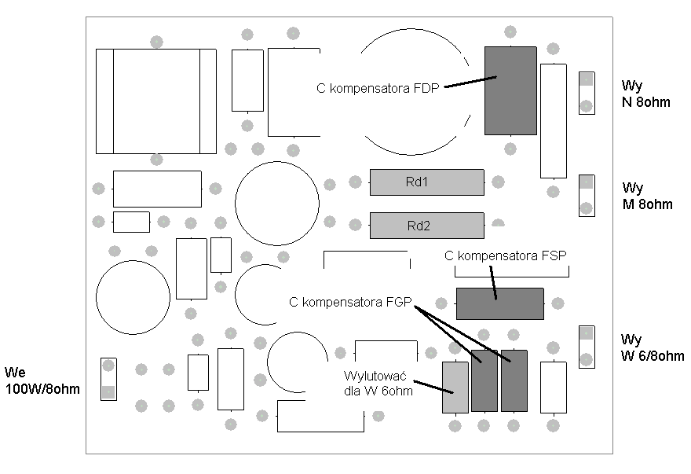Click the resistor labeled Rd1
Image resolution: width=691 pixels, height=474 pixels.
(x=426, y=182)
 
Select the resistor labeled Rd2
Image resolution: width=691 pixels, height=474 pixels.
(x=426, y=226)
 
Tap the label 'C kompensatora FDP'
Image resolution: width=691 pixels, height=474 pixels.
(x=378, y=88)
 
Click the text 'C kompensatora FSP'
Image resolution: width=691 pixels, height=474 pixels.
(x=506, y=255)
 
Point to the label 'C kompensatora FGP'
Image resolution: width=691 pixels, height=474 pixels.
(x=350, y=303)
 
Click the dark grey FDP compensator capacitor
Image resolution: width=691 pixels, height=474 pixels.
(x=510, y=90)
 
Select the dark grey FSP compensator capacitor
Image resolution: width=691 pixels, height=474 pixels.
(x=500, y=303)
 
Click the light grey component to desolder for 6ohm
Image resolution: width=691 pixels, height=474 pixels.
(x=455, y=388)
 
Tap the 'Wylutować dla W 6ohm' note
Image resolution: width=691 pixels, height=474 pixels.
(x=378, y=384)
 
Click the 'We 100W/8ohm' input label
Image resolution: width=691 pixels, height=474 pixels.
(x=42, y=380)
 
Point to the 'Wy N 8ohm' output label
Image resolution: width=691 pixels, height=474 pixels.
(x=645, y=94)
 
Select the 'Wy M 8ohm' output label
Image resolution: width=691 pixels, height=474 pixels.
(x=647, y=196)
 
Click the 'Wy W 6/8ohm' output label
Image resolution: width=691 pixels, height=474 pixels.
(x=653, y=347)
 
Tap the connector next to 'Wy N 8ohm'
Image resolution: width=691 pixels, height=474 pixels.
(x=587, y=93)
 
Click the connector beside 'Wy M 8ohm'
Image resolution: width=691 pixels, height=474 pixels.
(x=587, y=196)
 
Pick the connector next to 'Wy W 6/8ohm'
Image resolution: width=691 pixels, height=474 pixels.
(x=587, y=347)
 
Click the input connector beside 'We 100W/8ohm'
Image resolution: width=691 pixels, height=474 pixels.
(x=108, y=379)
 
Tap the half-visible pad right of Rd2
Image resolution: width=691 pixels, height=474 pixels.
(x=498, y=223)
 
